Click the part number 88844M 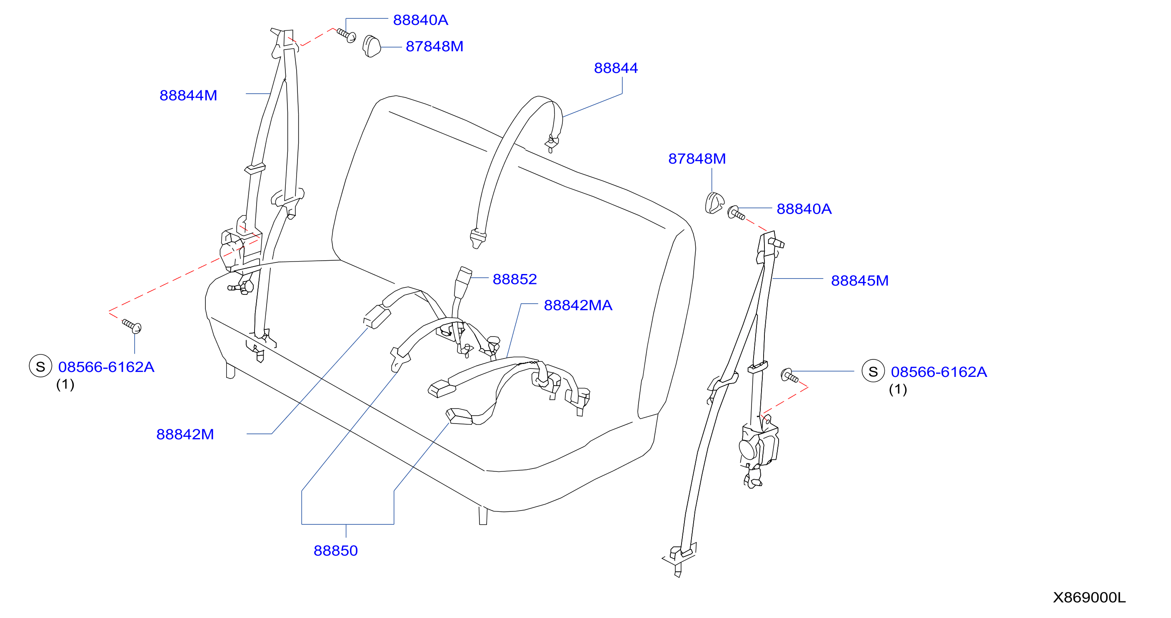(188, 95)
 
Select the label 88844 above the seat (616, 68)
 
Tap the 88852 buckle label (514, 279)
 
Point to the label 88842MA (578, 305)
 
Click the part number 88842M (185, 434)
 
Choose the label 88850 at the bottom (335, 551)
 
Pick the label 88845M (860, 280)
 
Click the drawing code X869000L (1089, 598)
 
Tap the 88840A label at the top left (420, 20)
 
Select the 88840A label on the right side (804, 209)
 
